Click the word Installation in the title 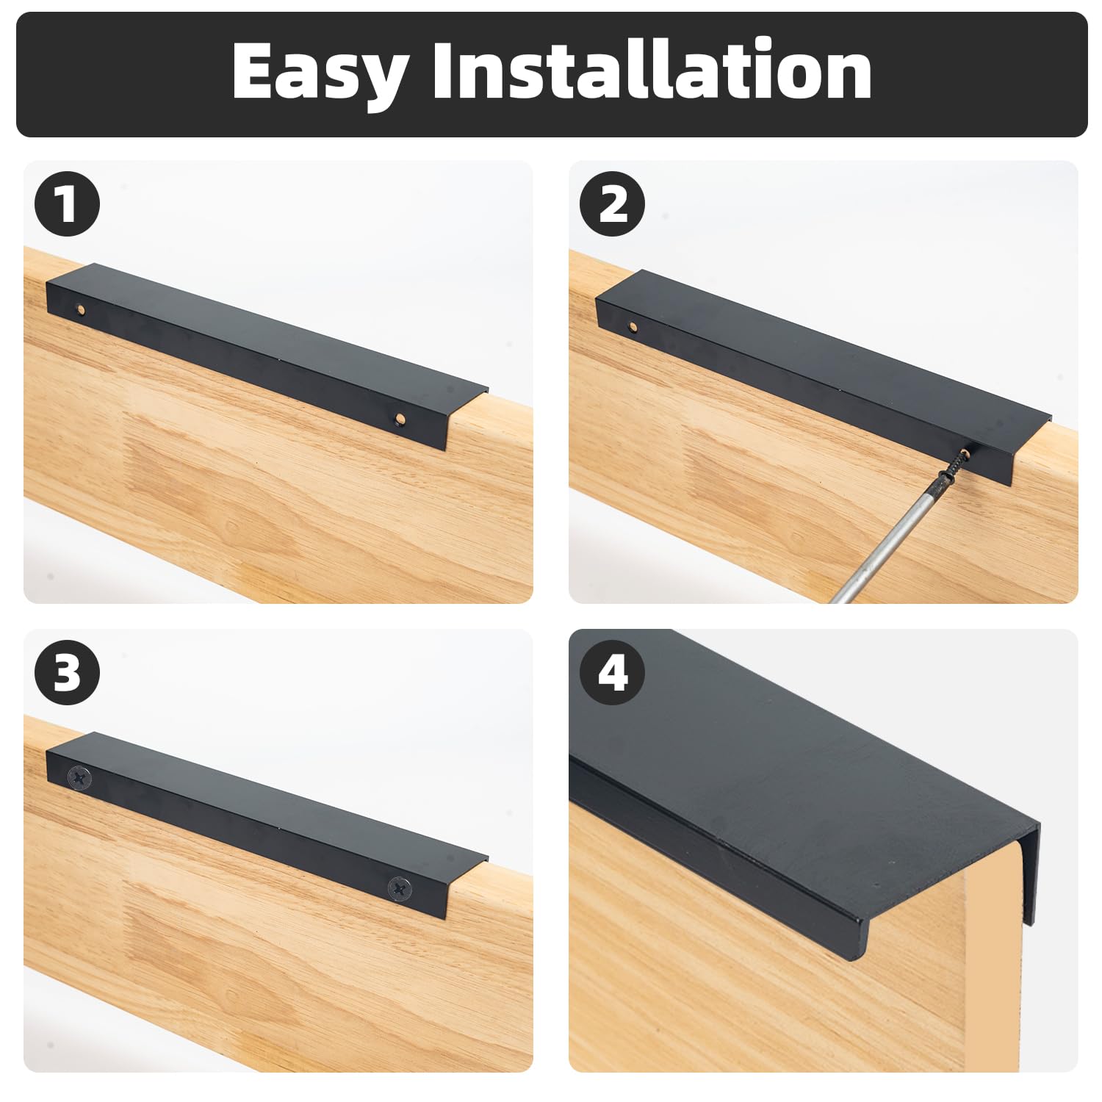(652, 69)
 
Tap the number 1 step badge (68, 204)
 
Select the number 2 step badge (613, 204)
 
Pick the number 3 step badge (68, 672)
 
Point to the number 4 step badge (613, 672)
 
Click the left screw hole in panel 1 (82, 309)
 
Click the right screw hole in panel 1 (400, 419)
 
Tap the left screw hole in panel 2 (633, 325)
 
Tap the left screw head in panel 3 (79, 778)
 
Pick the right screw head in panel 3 (400, 888)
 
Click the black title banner (551, 74)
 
